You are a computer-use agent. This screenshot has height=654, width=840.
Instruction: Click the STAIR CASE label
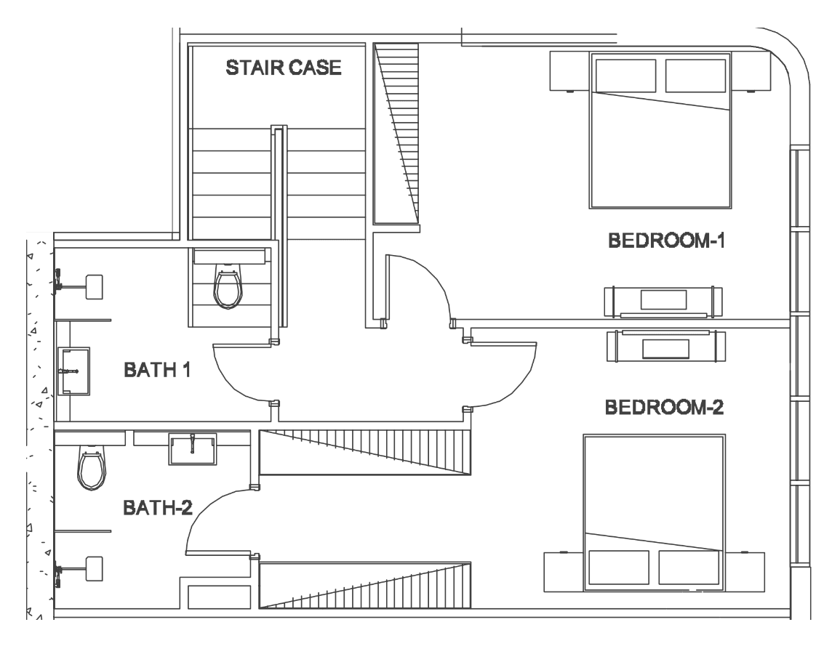(284, 68)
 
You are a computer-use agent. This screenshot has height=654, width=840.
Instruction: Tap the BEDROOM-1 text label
(666, 241)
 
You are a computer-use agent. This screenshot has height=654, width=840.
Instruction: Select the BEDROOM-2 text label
(664, 407)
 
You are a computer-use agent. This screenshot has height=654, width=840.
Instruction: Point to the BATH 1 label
(157, 370)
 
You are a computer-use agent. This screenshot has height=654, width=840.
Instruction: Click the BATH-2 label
(158, 507)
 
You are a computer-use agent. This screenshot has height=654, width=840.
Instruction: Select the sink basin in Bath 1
(74, 371)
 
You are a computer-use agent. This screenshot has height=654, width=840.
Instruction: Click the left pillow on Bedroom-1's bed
(625, 76)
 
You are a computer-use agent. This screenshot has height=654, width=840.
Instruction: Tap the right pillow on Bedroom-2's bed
(689, 568)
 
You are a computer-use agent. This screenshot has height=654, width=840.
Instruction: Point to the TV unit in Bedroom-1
(663, 302)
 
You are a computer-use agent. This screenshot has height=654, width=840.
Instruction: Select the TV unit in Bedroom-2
(666, 346)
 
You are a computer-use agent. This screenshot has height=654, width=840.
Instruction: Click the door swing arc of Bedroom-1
(433, 273)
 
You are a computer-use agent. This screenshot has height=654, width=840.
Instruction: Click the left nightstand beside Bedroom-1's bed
(569, 70)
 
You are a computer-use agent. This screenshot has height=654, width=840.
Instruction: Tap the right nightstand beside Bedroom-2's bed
(745, 572)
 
